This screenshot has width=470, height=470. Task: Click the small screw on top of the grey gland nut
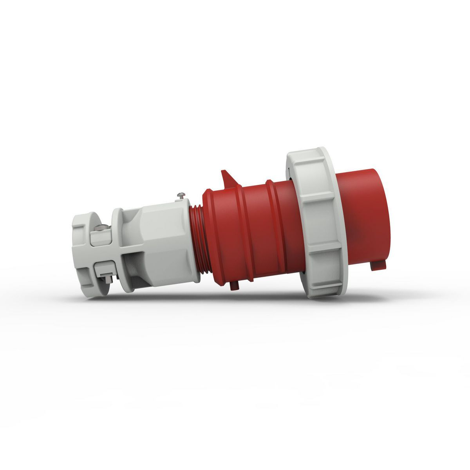tap(181, 194)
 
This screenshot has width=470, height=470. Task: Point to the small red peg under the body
tap(234, 286)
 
